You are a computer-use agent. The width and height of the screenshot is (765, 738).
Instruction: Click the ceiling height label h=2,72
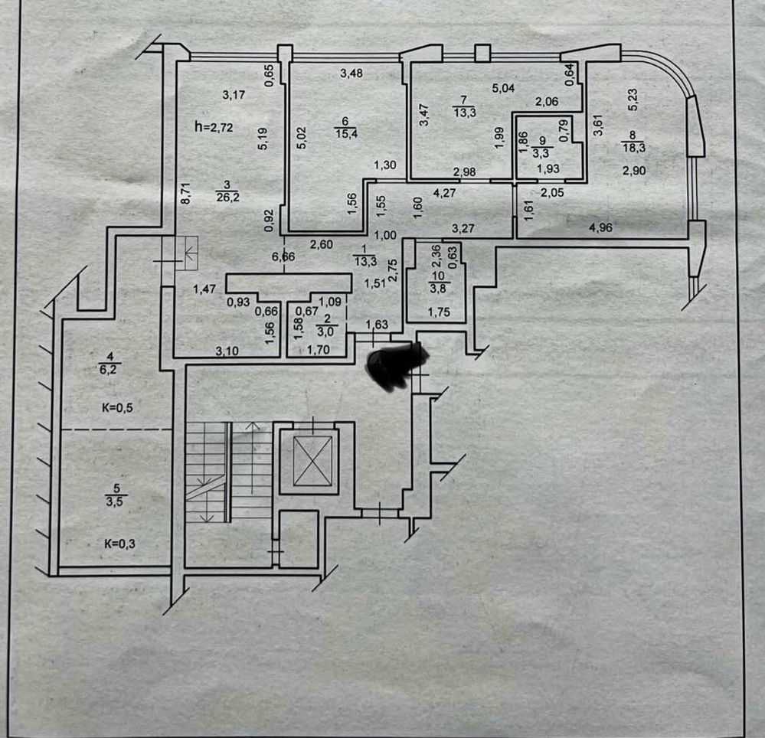pyautogui.click(x=214, y=127)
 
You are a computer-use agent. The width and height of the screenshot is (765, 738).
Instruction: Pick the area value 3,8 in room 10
pyautogui.click(x=439, y=288)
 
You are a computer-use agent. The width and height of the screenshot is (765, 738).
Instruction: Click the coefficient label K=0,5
pyautogui.click(x=118, y=407)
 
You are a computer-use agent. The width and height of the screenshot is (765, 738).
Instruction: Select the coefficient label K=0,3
pyautogui.click(x=119, y=545)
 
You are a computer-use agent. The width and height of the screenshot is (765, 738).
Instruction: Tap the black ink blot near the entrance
pyautogui.click(x=397, y=365)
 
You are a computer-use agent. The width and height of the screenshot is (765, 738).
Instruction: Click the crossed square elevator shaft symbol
pyautogui.click(x=308, y=462)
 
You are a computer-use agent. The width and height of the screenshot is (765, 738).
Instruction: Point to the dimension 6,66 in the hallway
pyautogui.click(x=284, y=256)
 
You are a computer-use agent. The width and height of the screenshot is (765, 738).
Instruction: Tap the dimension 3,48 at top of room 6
pyautogui.click(x=351, y=73)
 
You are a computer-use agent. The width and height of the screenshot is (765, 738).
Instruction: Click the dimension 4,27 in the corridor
pyautogui.click(x=446, y=193)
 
